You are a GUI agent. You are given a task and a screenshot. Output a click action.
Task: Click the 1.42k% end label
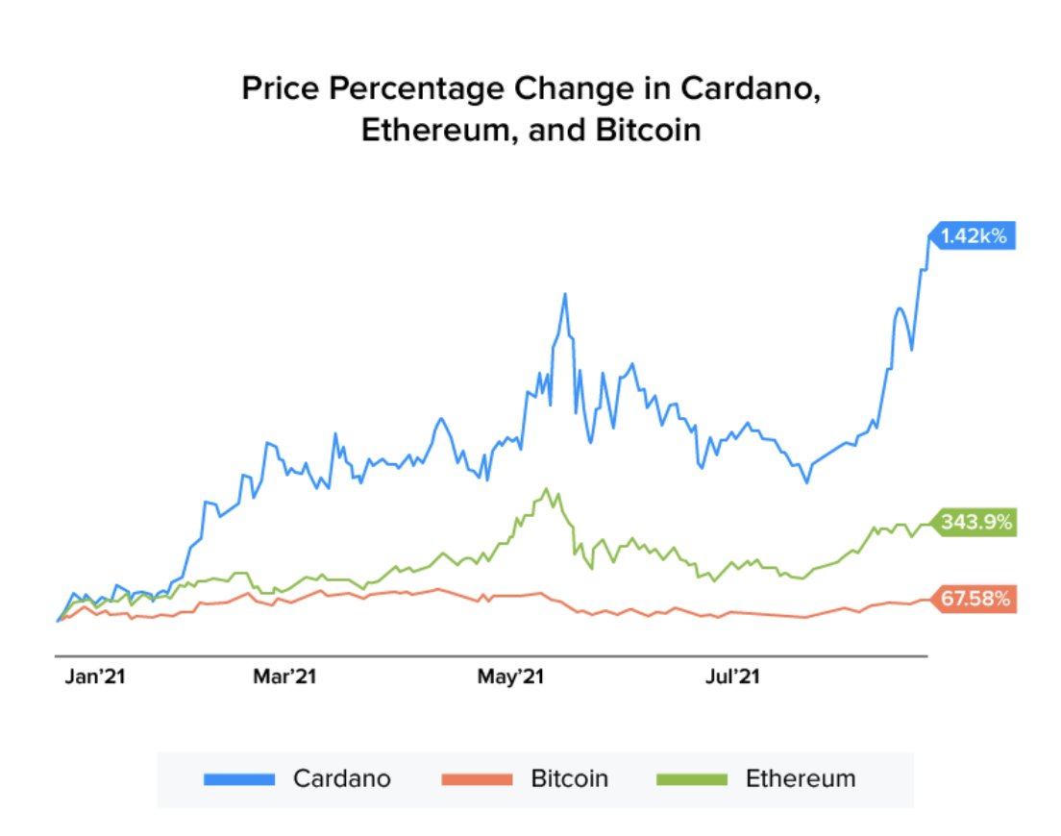(x=973, y=235)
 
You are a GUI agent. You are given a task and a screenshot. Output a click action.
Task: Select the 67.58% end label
(x=975, y=600)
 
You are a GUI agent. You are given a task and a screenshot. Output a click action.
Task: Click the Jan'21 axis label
(x=95, y=677)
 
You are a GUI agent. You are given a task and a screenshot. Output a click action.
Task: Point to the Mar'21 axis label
(x=284, y=677)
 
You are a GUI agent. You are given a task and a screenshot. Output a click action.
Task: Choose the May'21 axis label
(x=511, y=677)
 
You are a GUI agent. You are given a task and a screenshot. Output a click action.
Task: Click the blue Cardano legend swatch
(x=239, y=778)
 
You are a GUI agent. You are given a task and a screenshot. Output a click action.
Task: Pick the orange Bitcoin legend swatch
(x=477, y=778)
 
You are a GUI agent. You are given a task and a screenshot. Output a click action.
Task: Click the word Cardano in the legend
(x=342, y=778)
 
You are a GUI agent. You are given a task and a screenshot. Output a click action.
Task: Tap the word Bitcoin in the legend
(x=569, y=778)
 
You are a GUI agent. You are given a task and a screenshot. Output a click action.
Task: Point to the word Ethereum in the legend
(x=800, y=778)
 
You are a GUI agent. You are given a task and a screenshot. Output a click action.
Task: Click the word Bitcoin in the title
(x=648, y=130)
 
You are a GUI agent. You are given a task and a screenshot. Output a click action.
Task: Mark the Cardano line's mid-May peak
(x=565, y=294)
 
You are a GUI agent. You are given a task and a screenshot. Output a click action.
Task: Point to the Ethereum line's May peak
(x=547, y=489)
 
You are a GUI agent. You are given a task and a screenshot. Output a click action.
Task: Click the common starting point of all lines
(x=58, y=622)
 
